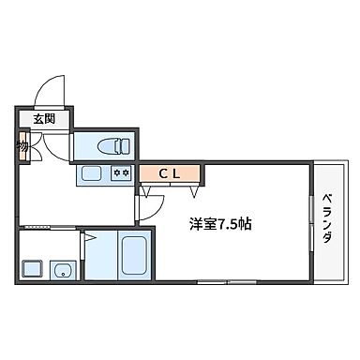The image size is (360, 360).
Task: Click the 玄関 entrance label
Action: [x=44, y=119]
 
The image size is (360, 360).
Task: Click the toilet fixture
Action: [x=111, y=145]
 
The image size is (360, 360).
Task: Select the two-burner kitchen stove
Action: [x=120, y=172]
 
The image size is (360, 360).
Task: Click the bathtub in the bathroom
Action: [x=131, y=255]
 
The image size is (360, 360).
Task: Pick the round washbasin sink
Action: [x=63, y=272]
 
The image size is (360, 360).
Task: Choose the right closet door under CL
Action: [x=193, y=190]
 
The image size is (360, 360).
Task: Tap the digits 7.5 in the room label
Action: [x=231, y=225]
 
